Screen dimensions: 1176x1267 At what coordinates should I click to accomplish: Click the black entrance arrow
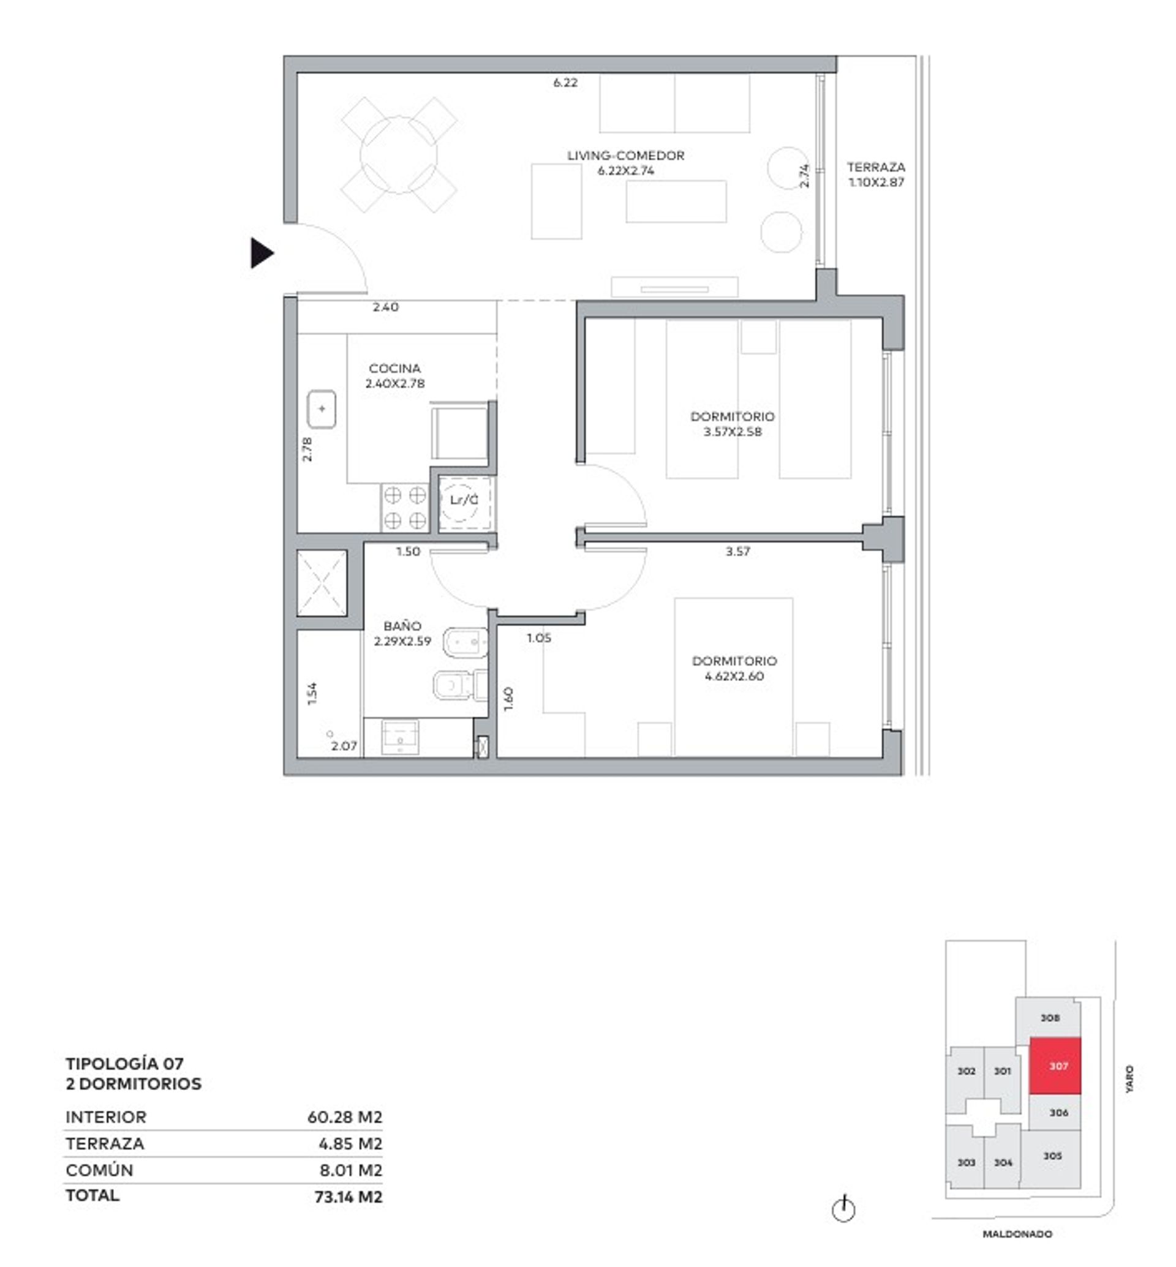coord(262,254)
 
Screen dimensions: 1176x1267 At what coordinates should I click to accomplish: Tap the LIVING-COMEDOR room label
coord(625,156)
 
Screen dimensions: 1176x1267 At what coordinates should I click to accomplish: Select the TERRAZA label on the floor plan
coord(876,167)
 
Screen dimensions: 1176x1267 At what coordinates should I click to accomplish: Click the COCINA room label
coord(394,369)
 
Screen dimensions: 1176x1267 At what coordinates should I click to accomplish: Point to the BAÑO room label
coord(402,626)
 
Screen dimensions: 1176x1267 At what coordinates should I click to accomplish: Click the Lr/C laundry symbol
coord(464,500)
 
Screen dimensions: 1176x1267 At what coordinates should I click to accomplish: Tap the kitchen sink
coord(322,409)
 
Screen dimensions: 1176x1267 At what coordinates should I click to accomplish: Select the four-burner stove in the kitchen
coord(405,508)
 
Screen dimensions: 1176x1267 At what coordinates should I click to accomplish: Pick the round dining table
coord(399,155)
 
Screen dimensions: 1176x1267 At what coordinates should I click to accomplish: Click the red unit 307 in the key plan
coord(1055,1066)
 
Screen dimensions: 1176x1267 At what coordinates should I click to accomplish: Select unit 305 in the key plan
coord(1052,1156)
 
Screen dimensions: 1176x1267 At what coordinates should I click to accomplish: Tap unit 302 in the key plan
coord(966,1071)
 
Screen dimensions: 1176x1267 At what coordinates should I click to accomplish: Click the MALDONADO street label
coord(1017,1234)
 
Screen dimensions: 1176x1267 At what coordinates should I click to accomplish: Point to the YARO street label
coord(1129,1079)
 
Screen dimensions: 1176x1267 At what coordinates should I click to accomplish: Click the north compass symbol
coord(844,1209)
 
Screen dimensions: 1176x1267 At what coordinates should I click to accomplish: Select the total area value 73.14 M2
coord(348,1197)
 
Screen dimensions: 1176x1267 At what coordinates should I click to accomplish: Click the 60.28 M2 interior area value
coord(345,1117)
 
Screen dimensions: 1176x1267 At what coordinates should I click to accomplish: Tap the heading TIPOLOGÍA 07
coord(125,1063)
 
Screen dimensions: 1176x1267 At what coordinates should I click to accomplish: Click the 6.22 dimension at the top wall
coord(565,82)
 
